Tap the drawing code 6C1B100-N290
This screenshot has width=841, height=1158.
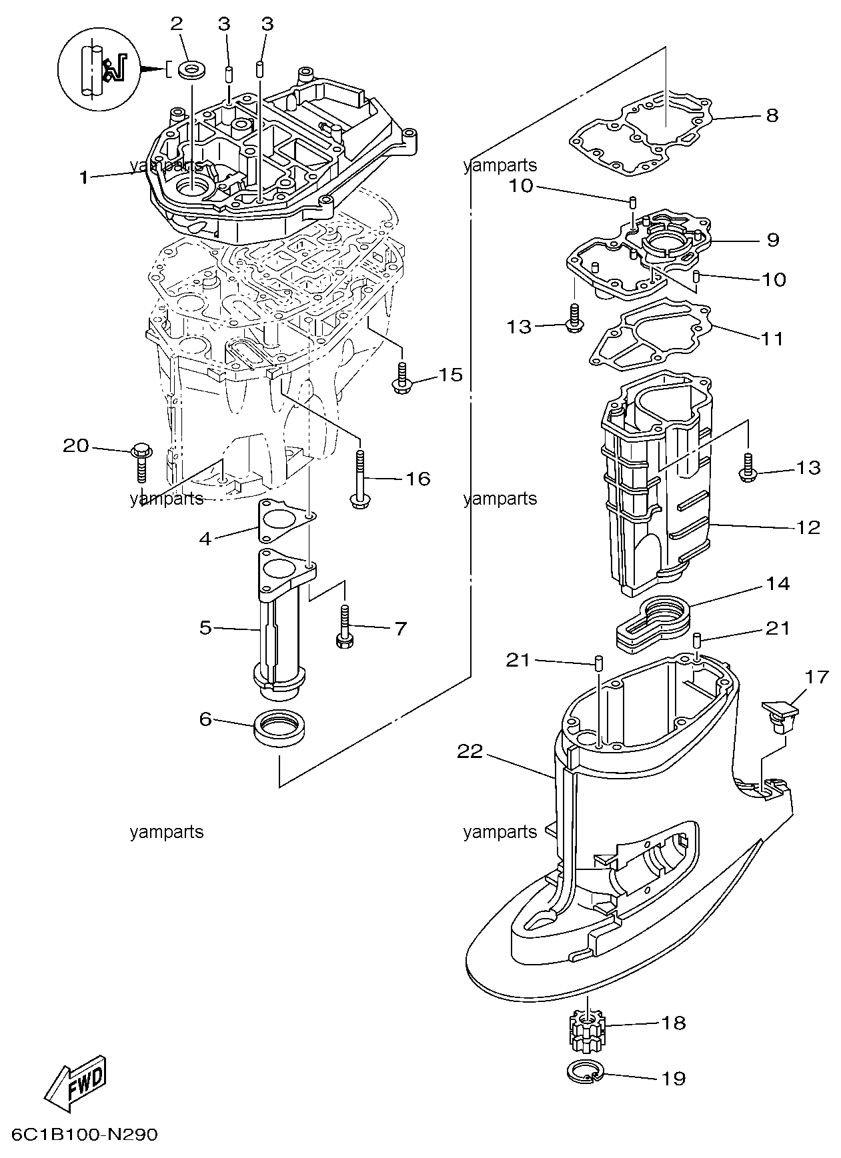pyautogui.click(x=84, y=1135)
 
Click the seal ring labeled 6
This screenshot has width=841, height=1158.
pyautogui.click(x=281, y=729)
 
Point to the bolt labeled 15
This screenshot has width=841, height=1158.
pyautogui.click(x=402, y=378)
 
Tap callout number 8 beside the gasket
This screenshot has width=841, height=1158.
pyautogui.click(x=772, y=115)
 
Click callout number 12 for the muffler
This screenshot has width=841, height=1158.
pyautogui.click(x=808, y=527)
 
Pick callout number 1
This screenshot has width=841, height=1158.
pyautogui.click(x=83, y=177)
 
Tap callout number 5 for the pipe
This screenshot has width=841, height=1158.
pyautogui.click(x=205, y=627)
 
